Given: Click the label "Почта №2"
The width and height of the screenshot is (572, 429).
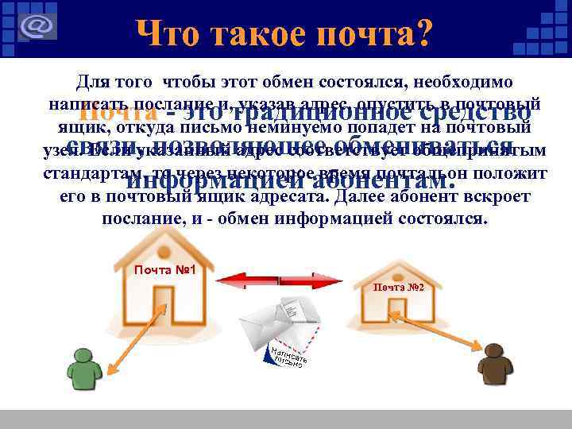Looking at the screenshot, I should coord(403,287).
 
